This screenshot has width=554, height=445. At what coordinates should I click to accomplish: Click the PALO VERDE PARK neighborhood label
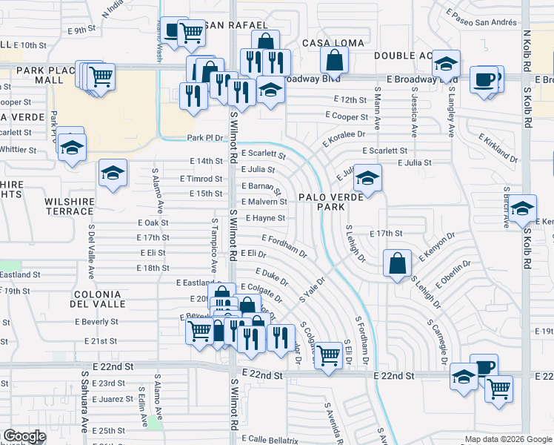tap(331, 202)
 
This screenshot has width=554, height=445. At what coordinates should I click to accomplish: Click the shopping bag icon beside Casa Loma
tap(335, 59)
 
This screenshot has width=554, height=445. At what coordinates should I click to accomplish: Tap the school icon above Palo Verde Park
tap(367, 179)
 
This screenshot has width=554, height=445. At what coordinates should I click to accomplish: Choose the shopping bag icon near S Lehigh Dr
tap(398, 263)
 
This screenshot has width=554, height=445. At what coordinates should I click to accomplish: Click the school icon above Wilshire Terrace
tap(113, 174)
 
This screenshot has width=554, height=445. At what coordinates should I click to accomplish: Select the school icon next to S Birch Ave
tap(522, 209)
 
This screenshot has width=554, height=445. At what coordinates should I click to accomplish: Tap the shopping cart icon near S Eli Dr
tap(328, 354)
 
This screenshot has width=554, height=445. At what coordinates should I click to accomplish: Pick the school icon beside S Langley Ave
tap(446, 65)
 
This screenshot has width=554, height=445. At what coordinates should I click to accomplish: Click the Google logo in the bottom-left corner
tap(25, 436)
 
